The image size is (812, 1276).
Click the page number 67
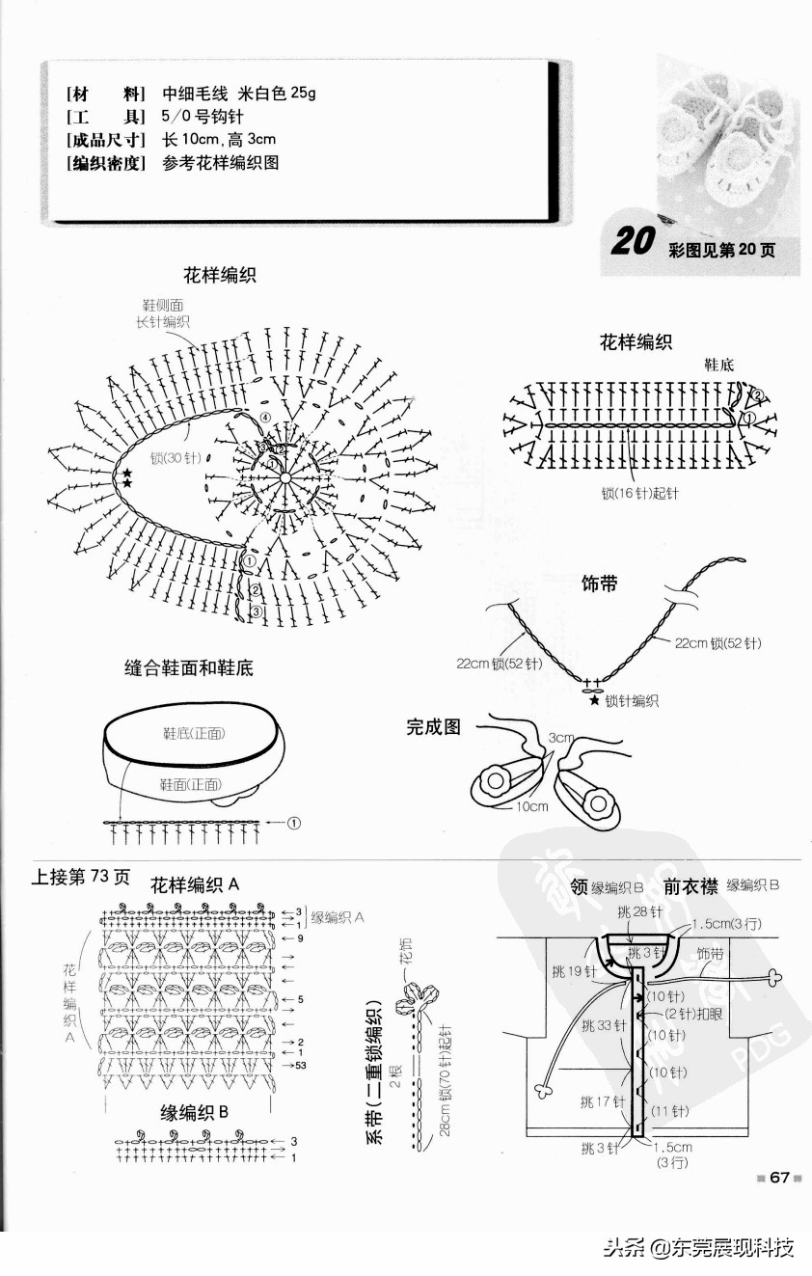(779, 1177)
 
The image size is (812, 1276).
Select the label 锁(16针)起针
(639, 493)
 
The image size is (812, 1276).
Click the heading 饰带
(599, 584)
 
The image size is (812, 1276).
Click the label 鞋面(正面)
(190, 785)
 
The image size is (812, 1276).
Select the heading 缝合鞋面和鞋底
(189, 667)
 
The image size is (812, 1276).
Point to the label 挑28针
(641, 911)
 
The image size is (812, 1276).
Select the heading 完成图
(433, 727)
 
